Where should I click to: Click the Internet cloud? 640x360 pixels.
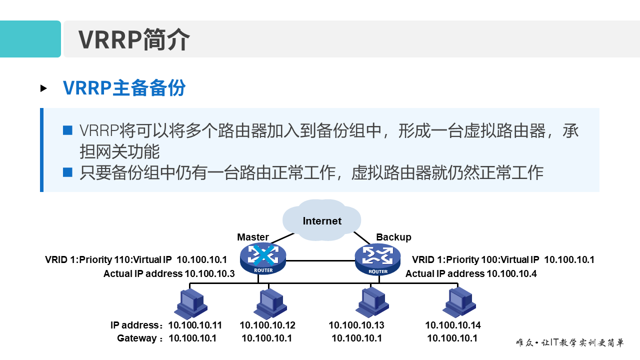coord(322,220)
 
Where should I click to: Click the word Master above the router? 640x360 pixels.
coord(253,237)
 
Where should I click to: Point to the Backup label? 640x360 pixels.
coord(393,237)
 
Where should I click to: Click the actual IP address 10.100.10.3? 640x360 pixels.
coord(210,273)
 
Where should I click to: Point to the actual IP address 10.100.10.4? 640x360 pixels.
coord(512,273)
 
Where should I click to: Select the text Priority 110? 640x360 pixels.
coord(102,259)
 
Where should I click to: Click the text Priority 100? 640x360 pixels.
coord(469,259)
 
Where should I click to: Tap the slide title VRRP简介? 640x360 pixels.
coord(134,39)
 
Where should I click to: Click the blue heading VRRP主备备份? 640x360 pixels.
coord(124,88)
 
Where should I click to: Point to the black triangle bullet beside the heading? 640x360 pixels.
coord(43,88)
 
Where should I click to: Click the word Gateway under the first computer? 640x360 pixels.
coord(137,338)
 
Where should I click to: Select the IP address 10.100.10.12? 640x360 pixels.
coord(267,325)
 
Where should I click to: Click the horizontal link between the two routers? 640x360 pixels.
coord(320,260)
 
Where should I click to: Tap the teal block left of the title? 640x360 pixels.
coord(30,39)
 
